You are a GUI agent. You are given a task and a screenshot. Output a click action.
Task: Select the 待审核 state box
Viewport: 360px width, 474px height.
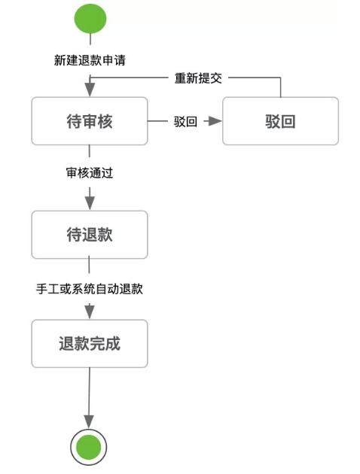coord(89,121)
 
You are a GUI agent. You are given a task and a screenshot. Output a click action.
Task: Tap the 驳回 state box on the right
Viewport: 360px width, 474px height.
coord(280,121)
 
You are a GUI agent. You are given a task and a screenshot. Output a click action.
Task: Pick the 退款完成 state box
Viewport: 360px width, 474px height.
coord(89,345)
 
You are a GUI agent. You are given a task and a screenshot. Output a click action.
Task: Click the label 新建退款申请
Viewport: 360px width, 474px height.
coord(90,61)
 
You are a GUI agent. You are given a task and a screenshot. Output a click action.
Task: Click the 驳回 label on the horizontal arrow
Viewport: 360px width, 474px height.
coord(185,121)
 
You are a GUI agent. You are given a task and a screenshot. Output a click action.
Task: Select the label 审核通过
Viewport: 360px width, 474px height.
coord(90,172)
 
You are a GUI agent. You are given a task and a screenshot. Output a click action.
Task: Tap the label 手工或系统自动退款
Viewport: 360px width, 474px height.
coord(90,288)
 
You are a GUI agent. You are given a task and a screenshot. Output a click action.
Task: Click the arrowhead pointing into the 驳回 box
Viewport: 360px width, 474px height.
coord(216,121)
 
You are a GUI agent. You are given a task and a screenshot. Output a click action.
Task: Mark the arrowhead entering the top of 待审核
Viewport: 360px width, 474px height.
coord(90,90)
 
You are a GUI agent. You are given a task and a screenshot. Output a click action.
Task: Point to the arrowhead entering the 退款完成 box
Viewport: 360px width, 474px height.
coord(90,311)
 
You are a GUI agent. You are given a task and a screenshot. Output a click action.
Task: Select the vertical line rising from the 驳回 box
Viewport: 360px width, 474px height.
coord(280,88)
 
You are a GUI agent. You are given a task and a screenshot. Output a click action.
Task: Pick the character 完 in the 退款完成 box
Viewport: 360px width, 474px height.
coord(97,345)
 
